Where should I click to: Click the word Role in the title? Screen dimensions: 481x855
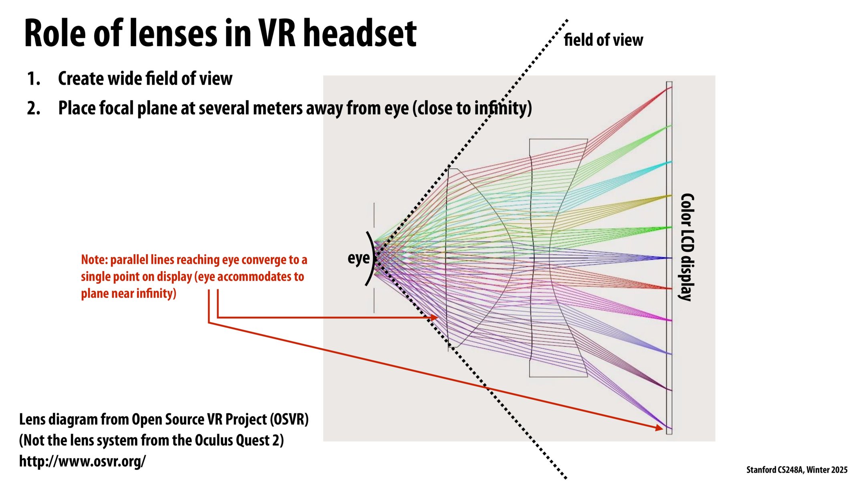tap(55, 34)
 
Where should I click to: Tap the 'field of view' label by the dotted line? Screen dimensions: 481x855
tap(603, 40)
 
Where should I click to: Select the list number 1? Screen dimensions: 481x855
tap(34, 79)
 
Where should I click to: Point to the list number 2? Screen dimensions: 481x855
tap(34, 108)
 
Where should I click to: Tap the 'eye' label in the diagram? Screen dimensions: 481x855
tap(358, 258)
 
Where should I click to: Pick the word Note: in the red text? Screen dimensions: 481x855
tap(94, 260)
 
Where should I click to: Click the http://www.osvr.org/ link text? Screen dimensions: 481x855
tap(82, 461)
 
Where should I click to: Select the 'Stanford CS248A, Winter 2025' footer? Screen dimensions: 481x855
tap(796, 470)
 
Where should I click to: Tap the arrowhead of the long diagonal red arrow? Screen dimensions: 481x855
tap(659, 428)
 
